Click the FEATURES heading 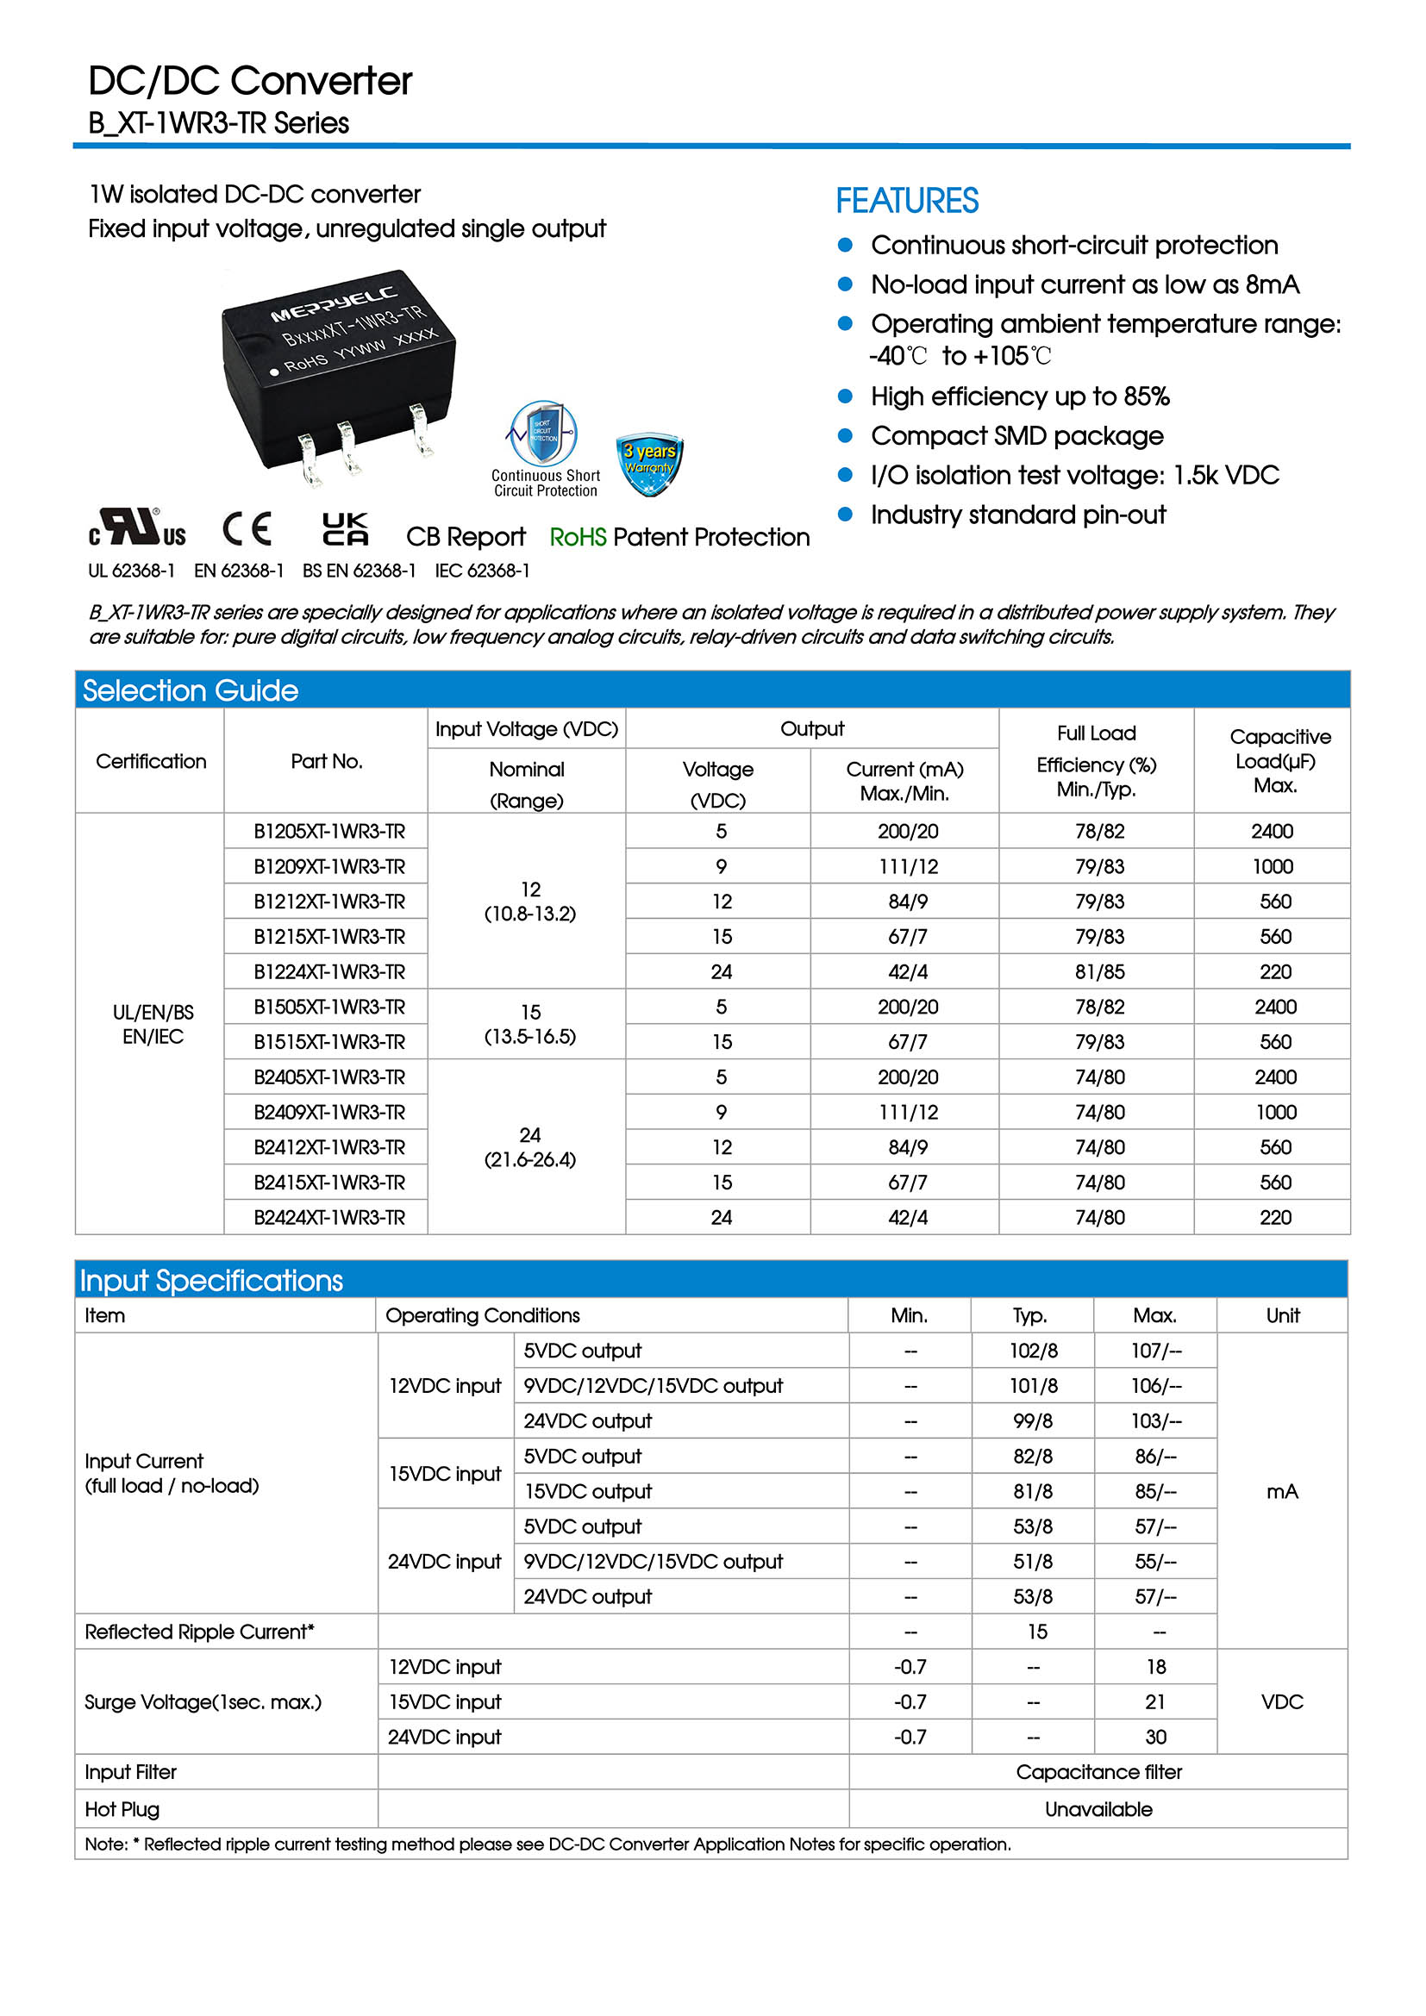pos(906,201)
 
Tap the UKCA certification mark pos(345,529)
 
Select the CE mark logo pos(247,529)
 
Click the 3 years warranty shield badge pos(650,463)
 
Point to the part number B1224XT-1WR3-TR pos(329,972)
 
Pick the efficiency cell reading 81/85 pos(1099,972)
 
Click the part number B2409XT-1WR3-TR pos(329,1113)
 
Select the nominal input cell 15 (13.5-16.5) pos(529,1024)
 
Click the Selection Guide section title pos(191,691)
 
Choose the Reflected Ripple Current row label pos(199,1632)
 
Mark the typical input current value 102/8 pos(1034,1351)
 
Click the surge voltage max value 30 pos(1155,1737)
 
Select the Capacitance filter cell pos(1098,1772)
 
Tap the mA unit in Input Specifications pos(1282,1491)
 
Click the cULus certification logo pos(138,527)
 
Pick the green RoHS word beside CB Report pos(578,537)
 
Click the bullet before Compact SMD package pos(846,435)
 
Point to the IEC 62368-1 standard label pos(482,571)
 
